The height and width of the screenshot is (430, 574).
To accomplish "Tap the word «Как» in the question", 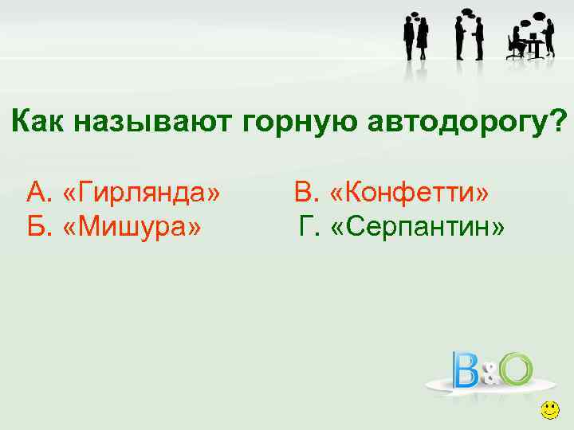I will point(40,121).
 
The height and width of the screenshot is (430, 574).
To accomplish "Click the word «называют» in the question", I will point(151,121).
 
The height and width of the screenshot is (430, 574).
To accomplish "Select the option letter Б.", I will point(37,229).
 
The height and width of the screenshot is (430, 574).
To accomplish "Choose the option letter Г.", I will point(307,229).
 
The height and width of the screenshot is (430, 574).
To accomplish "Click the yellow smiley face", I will point(549,411).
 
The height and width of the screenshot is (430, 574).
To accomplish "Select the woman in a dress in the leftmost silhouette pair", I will point(422,38).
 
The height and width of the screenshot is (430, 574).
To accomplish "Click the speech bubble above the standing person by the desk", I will point(539,16).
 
